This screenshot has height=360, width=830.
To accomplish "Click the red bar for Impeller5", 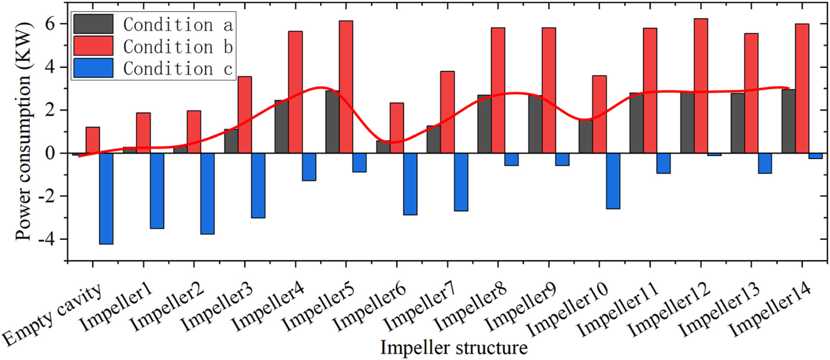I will pyautogui.click(x=346, y=87).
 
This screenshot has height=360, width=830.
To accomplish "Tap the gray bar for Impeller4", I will pyautogui.click(x=281, y=127).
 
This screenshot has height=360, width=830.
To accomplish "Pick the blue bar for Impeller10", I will pyautogui.click(x=613, y=181).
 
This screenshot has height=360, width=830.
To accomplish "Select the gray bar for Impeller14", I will pyautogui.click(x=788, y=121).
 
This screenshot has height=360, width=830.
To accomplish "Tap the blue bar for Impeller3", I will pyautogui.click(x=258, y=186).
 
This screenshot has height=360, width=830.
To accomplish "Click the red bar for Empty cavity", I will pyautogui.click(x=92, y=140).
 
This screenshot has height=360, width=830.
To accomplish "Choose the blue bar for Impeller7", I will pyautogui.click(x=461, y=182).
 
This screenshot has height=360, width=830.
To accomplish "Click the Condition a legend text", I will pyautogui.click(x=177, y=25).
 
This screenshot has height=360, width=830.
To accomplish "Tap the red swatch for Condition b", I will pyautogui.click(x=93, y=46).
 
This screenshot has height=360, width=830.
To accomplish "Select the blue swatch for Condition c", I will pyautogui.click(x=93, y=68).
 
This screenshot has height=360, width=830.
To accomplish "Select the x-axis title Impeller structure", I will pyautogui.click(x=454, y=348).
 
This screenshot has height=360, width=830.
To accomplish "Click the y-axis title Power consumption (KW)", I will pyautogui.click(x=24, y=131).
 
